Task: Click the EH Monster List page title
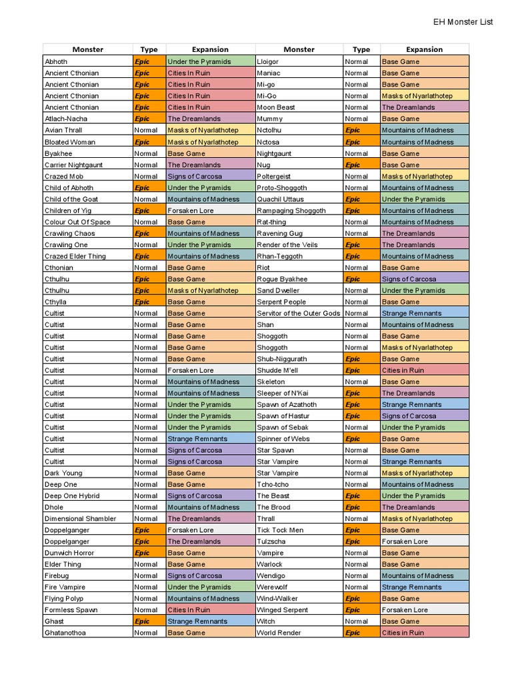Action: click(x=463, y=22)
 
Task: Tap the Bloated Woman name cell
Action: click(x=70, y=142)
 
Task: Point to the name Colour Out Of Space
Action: click(x=77, y=222)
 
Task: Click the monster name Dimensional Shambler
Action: click(x=80, y=519)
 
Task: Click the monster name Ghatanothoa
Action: click(x=65, y=633)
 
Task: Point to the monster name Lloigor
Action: click(x=268, y=61)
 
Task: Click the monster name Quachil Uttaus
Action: click(x=280, y=199)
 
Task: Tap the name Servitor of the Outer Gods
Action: click(x=298, y=313)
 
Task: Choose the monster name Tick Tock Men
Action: click(x=280, y=530)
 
